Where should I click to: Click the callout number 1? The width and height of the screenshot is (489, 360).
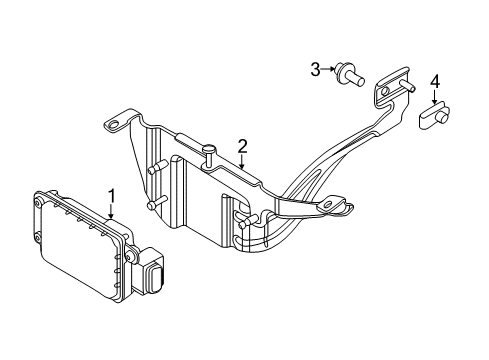coord(113,196)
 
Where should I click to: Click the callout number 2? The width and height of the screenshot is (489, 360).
coord(242,147)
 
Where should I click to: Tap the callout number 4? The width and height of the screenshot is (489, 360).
coord(435,82)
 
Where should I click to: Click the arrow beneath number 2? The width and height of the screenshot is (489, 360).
coord(242,163)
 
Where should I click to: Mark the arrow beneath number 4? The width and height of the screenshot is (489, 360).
coord(435,98)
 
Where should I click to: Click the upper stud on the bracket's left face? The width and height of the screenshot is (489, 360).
coord(155,170)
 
